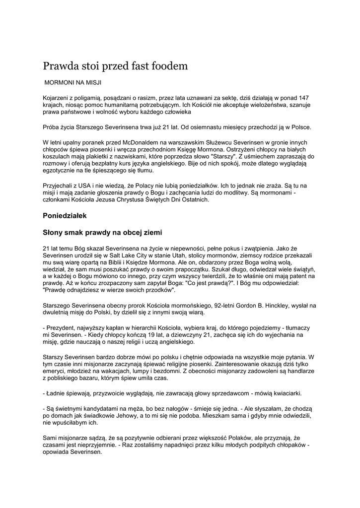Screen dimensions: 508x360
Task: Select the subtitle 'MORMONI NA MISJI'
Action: click(73, 81)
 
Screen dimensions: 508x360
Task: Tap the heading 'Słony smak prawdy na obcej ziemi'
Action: click(102, 232)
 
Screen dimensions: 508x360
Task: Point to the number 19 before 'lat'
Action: click(138, 335)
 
